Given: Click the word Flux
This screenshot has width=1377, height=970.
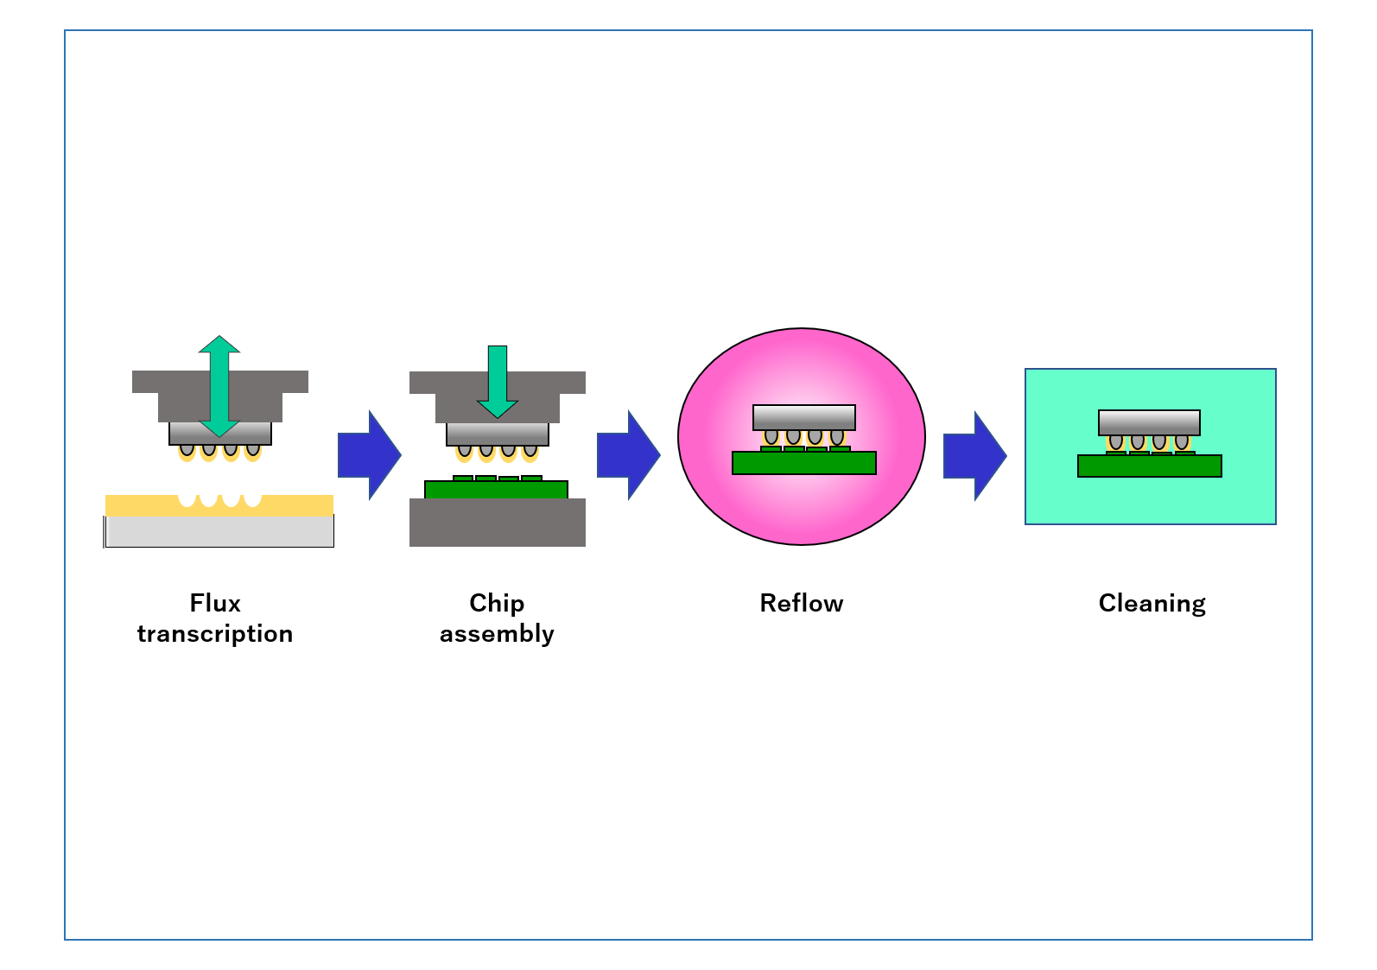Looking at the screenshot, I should (x=215, y=603).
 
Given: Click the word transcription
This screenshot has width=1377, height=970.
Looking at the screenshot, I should (x=215, y=634).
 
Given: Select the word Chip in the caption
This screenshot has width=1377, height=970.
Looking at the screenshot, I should (x=497, y=603).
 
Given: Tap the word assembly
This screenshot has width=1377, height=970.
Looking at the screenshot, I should (x=497, y=634).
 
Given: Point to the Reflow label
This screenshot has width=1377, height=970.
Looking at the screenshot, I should (x=802, y=603).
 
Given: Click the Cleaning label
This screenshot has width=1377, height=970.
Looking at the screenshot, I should (x=1152, y=603).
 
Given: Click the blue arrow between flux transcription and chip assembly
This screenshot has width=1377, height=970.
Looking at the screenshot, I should (x=369, y=455).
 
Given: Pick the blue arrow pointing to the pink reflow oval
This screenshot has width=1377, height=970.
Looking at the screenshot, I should (x=628, y=455).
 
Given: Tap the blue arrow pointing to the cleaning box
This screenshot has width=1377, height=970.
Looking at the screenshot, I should (x=974, y=456).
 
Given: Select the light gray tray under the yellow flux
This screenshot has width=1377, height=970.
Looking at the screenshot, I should (x=219, y=531).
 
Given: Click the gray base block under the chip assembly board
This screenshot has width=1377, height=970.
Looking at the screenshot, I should (x=498, y=523).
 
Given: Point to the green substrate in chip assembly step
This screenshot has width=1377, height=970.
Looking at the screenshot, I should (x=496, y=490).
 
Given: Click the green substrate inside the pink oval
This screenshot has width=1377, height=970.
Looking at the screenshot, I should (x=803, y=463).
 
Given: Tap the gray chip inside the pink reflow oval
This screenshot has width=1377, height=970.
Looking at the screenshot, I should (x=803, y=417).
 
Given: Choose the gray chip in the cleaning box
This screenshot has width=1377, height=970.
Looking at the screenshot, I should (x=1149, y=422).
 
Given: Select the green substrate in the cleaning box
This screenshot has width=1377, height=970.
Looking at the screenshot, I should (x=1149, y=466).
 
